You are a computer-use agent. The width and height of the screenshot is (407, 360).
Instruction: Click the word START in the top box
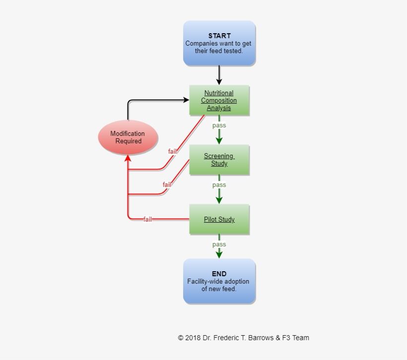pyautogui.click(x=219, y=36)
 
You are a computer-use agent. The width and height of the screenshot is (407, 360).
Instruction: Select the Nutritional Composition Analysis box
pyautogui.click(x=219, y=100)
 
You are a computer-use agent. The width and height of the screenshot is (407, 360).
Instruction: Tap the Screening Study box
pyautogui.click(x=219, y=160)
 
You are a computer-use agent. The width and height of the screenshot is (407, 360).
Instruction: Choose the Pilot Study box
pyautogui.click(x=219, y=219)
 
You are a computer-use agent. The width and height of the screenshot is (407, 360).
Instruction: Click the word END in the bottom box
pyautogui.click(x=219, y=274)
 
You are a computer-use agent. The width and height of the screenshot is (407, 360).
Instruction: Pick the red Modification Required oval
pyautogui.click(x=128, y=137)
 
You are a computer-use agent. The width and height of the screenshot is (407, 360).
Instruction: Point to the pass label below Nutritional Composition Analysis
pyautogui.click(x=219, y=125)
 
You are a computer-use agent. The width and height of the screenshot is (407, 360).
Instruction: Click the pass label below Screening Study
pyautogui.click(x=219, y=185)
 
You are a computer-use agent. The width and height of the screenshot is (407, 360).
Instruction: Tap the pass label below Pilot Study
pyautogui.click(x=219, y=244)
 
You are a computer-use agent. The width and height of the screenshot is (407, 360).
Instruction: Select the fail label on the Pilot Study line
pyautogui.click(x=147, y=219)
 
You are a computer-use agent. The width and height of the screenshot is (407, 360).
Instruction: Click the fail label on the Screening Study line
pyautogui.click(x=167, y=185)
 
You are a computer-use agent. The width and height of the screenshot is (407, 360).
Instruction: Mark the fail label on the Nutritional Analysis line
pyautogui.click(x=172, y=151)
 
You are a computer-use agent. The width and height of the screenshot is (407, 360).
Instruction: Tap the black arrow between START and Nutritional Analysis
pyautogui.click(x=219, y=75)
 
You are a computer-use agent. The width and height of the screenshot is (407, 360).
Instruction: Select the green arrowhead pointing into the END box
pyautogui.click(x=219, y=254)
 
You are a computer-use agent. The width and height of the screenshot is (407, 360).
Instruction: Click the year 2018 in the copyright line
pyautogui.click(x=193, y=338)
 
